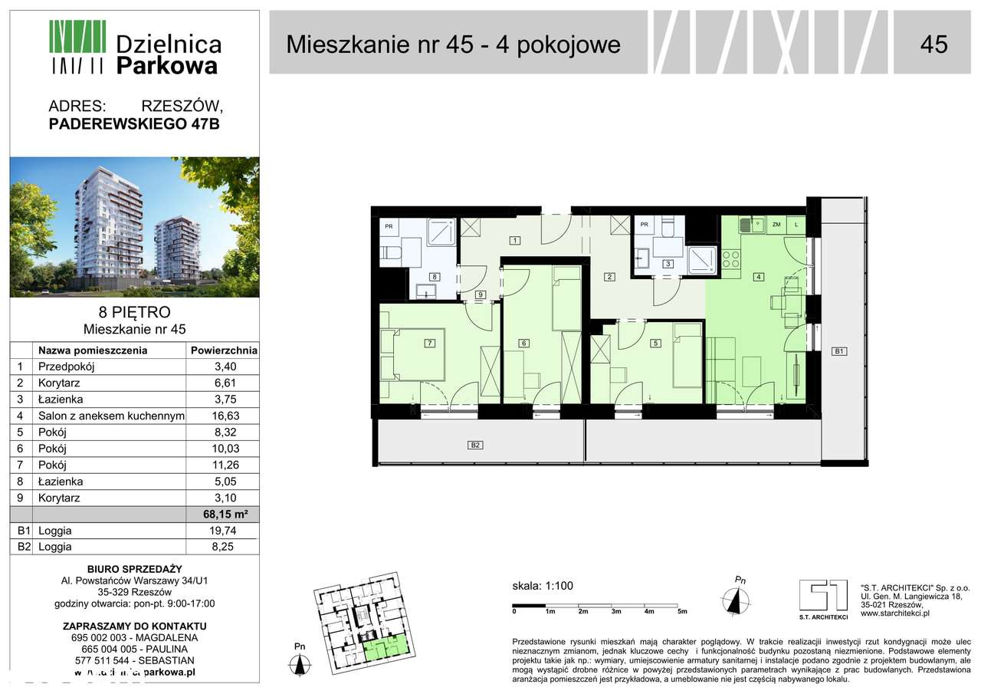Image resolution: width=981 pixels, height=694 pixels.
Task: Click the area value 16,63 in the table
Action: tap(222, 416)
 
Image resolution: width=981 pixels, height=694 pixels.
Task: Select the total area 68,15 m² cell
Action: tap(222, 515)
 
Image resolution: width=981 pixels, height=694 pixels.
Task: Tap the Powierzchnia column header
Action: tap(222, 350)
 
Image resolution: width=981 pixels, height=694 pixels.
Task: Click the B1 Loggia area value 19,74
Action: tap(222, 531)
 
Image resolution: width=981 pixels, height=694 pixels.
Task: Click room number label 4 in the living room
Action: tap(757, 277)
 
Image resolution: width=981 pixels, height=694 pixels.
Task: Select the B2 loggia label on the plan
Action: tap(475, 445)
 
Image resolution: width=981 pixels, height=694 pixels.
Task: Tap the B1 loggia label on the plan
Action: tap(839, 352)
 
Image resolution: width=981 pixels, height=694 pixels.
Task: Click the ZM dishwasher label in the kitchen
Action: tap(776, 225)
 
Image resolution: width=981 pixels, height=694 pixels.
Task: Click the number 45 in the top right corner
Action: tap(933, 44)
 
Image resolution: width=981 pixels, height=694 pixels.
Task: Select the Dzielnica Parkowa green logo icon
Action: tap(77, 47)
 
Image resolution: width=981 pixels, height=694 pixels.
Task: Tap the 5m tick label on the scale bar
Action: tap(682, 612)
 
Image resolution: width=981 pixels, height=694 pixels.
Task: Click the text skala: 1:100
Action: tap(543, 587)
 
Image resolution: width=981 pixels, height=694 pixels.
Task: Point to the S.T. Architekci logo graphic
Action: tap(823, 596)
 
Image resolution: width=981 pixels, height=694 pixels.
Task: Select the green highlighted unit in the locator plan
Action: tap(386, 649)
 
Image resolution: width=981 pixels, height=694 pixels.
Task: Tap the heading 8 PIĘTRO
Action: tap(134, 313)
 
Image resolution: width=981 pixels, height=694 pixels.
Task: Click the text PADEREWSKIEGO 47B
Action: tap(134, 123)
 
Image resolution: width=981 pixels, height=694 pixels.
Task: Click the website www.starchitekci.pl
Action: tap(895, 613)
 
